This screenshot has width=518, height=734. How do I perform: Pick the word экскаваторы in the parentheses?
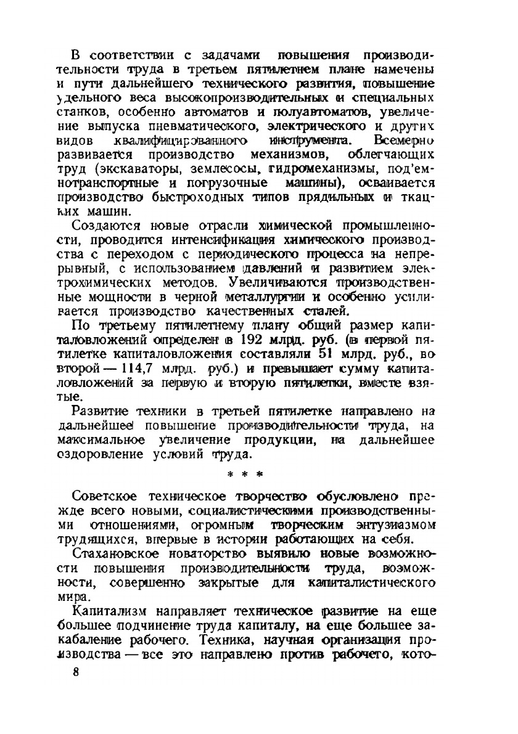point(147,168)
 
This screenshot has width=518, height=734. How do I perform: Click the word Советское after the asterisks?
point(103,496)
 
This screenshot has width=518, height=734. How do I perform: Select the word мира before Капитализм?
point(82,597)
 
